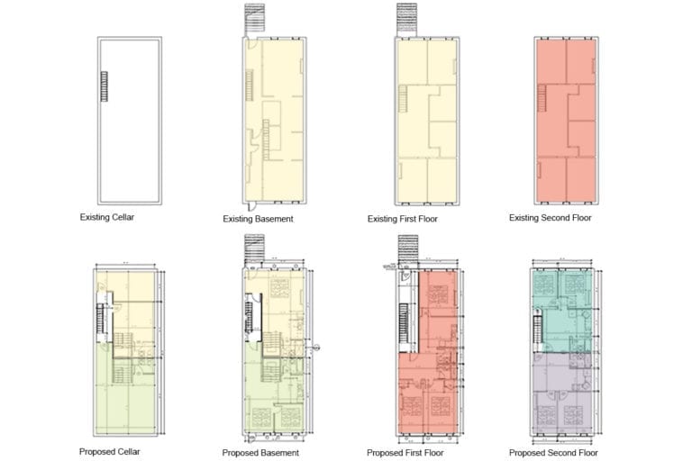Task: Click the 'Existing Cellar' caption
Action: (x=106, y=217)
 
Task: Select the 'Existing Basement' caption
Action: (x=258, y=219)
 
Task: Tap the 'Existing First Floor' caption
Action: (x=405, y=219)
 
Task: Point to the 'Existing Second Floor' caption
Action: (x=550, y=218)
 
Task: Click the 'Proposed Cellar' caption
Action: (x=109, y=451)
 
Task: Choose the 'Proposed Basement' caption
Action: (x=260, y=453)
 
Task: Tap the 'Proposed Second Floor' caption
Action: (x=553, y=453)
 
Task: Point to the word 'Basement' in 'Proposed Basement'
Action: (x=279, y=453)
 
